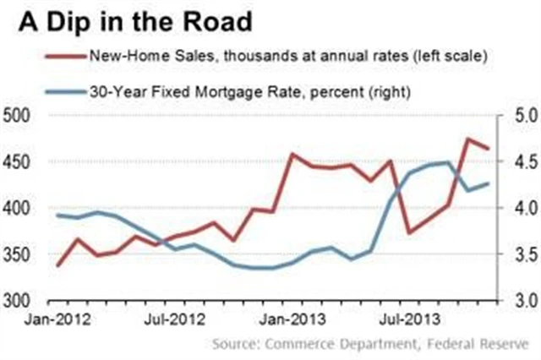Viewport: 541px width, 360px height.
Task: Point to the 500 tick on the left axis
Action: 18,115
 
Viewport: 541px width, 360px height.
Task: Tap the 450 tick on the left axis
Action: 18,161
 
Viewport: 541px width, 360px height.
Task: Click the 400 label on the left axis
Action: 18,208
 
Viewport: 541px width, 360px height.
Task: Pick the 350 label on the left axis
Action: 18,254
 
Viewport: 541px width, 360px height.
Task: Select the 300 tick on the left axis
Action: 18,301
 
